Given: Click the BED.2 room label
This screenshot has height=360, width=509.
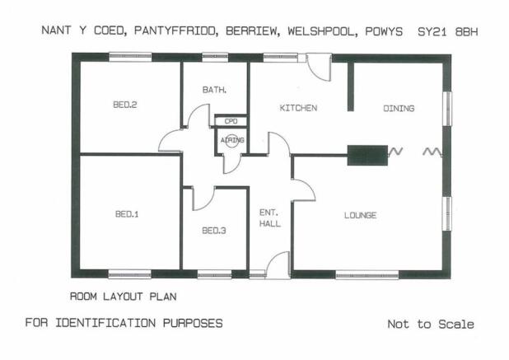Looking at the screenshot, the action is tap(125, 105).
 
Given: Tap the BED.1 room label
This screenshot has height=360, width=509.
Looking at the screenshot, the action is tap(127, 214).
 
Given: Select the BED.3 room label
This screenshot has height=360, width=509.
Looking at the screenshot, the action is tap(214, 231).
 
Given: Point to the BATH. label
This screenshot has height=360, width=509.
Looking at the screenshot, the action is tap(214, 90).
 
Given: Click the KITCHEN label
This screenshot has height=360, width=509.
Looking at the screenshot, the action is tap(298, 108).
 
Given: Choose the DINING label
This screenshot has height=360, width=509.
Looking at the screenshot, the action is tap(399, 109).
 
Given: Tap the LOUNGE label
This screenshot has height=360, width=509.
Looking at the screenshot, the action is tap(360, 215).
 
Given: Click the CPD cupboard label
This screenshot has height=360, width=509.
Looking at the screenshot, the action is tap(231, 121).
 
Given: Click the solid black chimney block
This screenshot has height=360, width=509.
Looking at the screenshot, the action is tap(367, 156).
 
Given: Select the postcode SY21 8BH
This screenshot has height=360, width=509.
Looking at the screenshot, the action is tap(448, 32).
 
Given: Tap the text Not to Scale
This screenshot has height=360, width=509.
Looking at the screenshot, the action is tap(431, 324).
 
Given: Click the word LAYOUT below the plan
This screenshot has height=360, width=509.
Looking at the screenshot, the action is tap(123, 297).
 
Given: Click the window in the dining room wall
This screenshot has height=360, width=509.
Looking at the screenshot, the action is tap(447, 109).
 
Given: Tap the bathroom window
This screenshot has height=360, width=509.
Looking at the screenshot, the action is tap(215, 58).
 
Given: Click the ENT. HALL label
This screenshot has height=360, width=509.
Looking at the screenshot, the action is tap(270, 218).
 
